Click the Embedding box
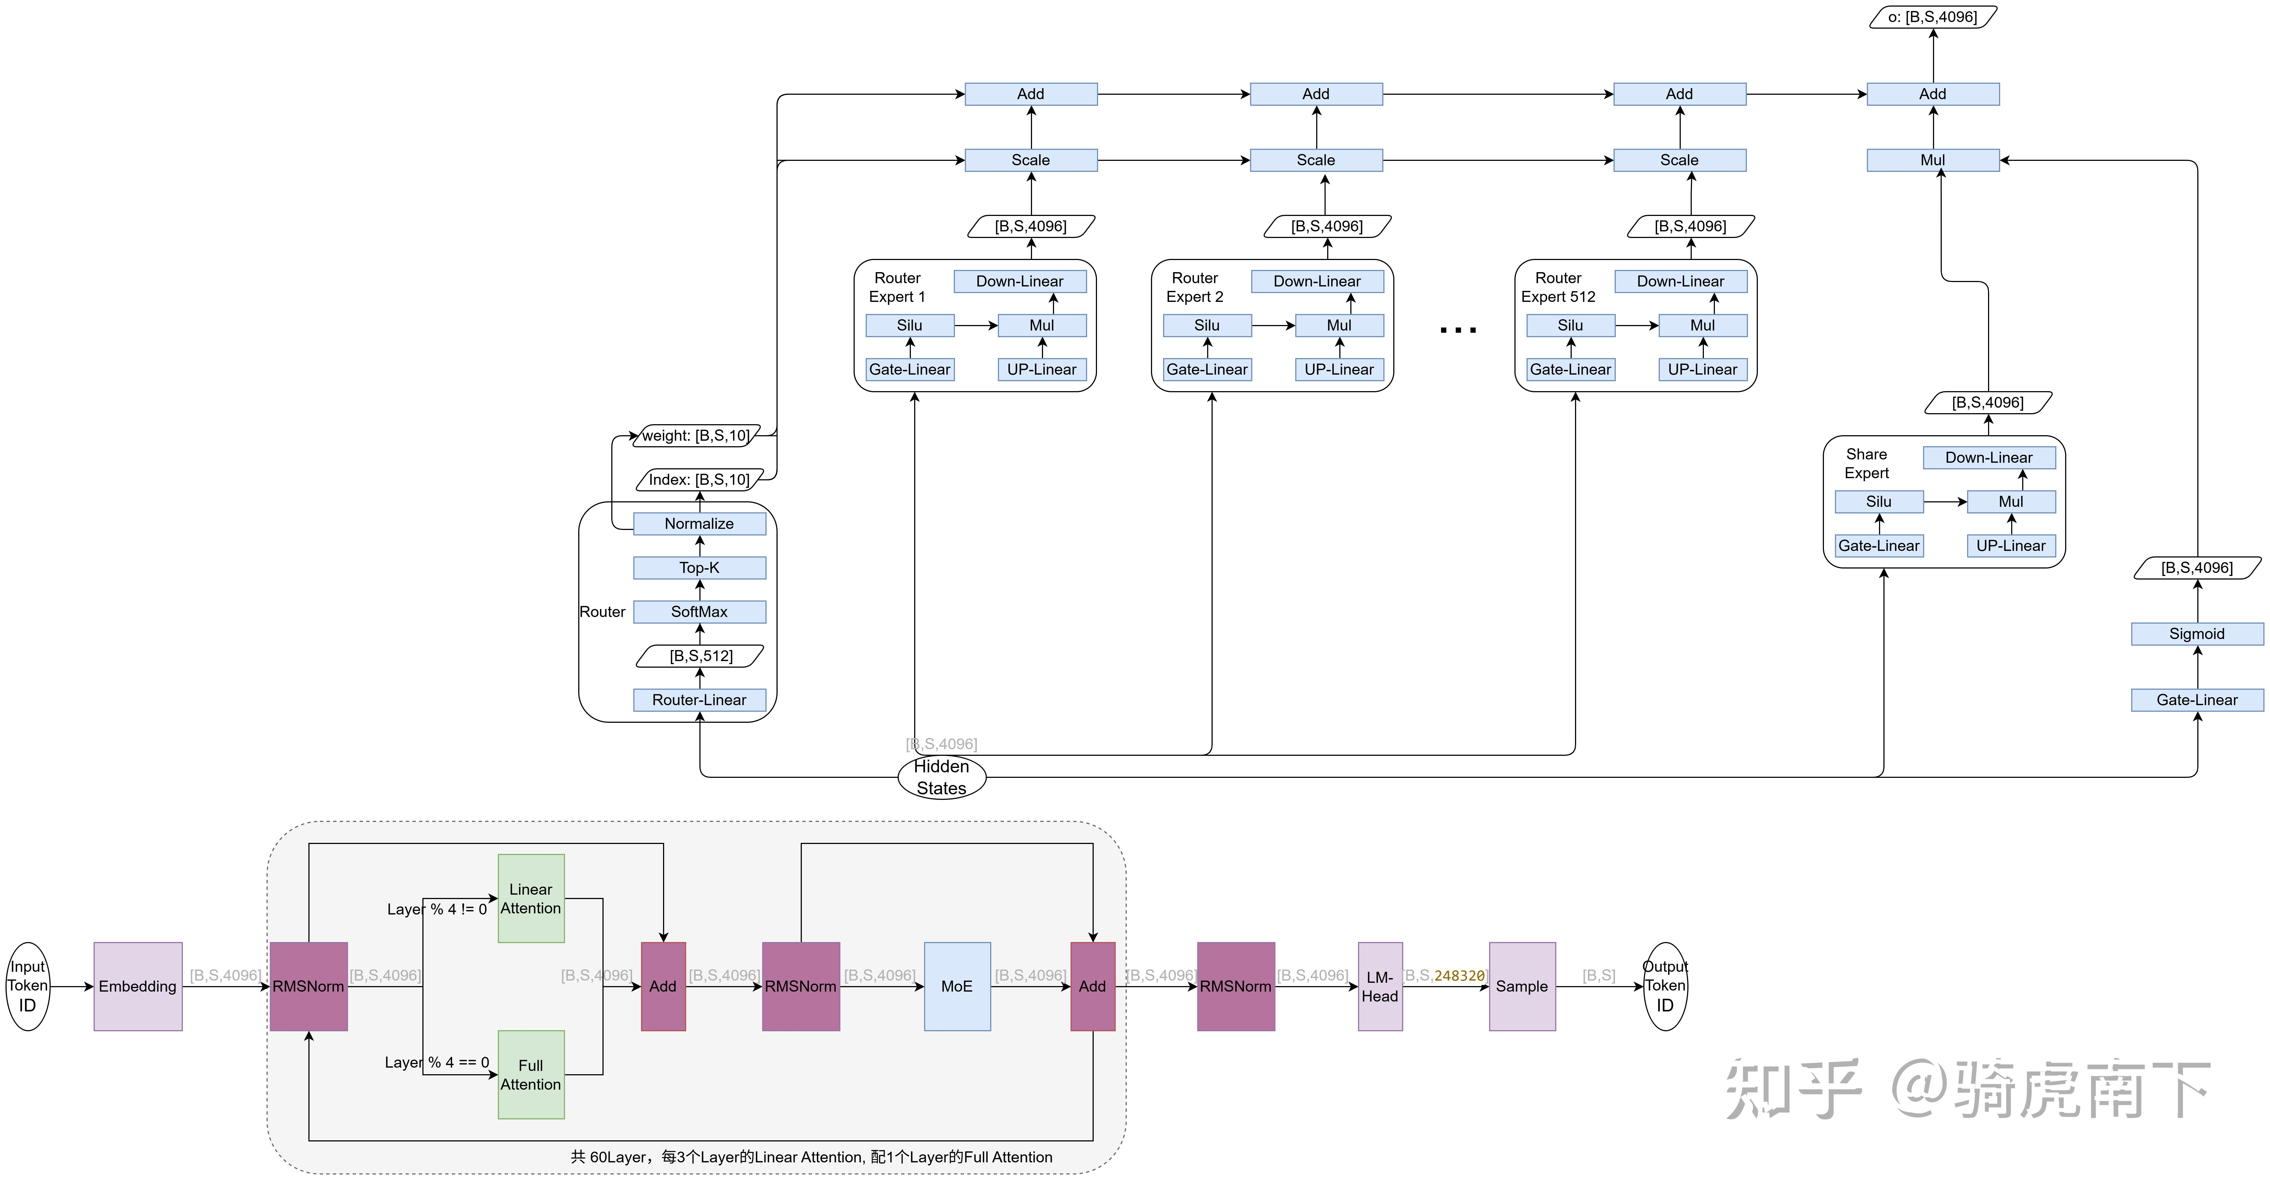click(137, 986)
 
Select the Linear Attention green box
click(531, 898)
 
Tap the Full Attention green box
click(531, 1074)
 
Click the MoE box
click(957, 986)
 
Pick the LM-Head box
click(1380, 986)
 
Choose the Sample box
click(1522, 986)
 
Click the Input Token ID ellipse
click(28, 986)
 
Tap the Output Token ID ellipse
click(1665, 986)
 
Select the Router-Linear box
click(700, 700)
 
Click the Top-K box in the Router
click(700, 567)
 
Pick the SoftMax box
click(700, 611)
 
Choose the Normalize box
click(700, 523)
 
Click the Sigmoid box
click(2197, 634)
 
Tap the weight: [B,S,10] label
click(696, 435)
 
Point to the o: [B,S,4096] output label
click(1932, 17)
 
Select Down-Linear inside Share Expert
click(1989, 457)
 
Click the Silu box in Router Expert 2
click(1207, 325)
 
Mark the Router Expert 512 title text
click(1558, 287)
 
